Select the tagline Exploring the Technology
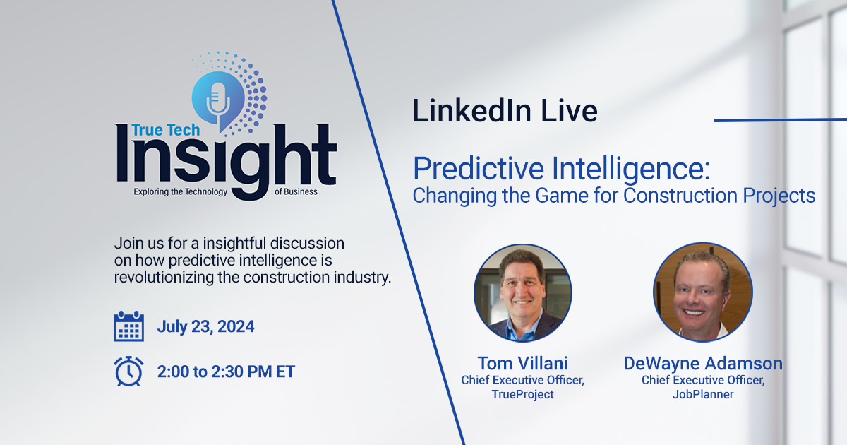tap(180, 191)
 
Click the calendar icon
tap(128, 326)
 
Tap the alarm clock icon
tap(128, 371)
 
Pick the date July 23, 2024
tap(205, 326)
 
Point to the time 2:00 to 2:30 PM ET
tap(226, 372)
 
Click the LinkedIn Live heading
tap(505, 111)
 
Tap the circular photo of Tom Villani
tap(522, 292)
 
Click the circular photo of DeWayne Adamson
tap(702, 292)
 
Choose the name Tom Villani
tap(522, 363)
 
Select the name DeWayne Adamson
tap(702, 363)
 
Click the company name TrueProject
tap(522, 394)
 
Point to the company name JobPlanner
tap(702, 394)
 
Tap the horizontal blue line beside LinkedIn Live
tap(780, 120)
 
